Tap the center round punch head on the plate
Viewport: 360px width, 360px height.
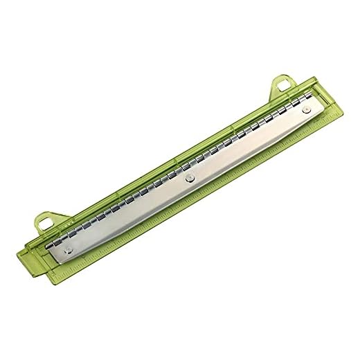(190, 179)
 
